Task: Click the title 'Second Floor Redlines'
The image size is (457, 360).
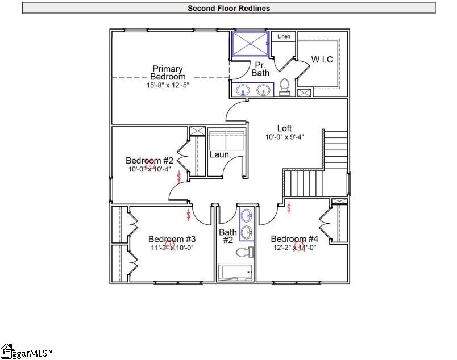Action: [229, 8]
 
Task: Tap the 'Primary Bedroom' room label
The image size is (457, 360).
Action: [167, 73]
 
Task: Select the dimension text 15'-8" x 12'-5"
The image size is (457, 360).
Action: [167, 85]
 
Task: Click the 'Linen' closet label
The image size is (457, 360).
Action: [284, 37]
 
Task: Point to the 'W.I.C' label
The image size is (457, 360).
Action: [322, 60]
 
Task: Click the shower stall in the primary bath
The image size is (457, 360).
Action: [251, 43]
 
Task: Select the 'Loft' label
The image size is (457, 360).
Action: [285, 128]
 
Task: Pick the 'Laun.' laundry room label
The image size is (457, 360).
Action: [220, 154]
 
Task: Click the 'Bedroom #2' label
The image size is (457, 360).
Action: [146, 161]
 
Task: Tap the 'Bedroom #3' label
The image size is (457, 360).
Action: [172, 239]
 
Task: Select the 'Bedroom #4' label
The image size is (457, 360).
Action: [294, 238]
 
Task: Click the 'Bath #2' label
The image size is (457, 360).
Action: [228, 236]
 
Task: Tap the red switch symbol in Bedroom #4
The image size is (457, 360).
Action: [289, 208]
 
